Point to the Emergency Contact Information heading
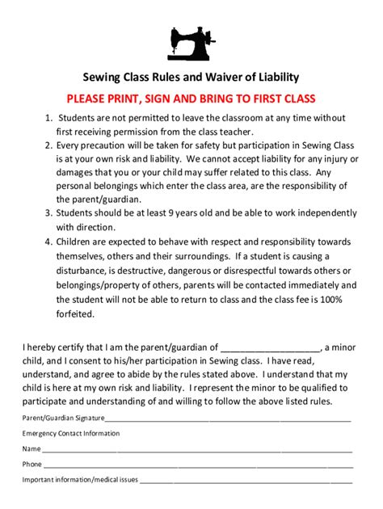[x=71, y=434]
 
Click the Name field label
[x=32, y=449]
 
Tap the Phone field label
[x=32, y=465]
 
